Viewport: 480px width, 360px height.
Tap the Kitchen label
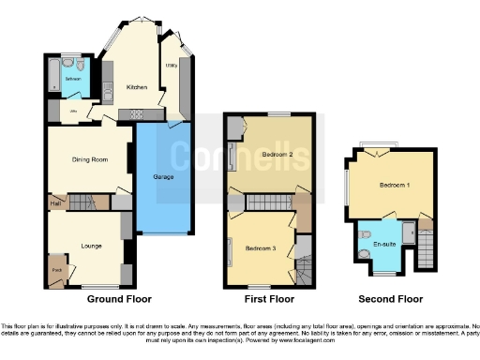tap(138, 87)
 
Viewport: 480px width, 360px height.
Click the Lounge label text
tap(91, 246)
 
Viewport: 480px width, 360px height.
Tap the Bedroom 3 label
tap(260, 247)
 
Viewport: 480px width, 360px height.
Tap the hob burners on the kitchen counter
tap(136, 113)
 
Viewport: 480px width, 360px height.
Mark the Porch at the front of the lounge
tap(56, 269)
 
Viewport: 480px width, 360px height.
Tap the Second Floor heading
tap(391, 300)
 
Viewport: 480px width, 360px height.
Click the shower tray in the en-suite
tap(409, 232)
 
